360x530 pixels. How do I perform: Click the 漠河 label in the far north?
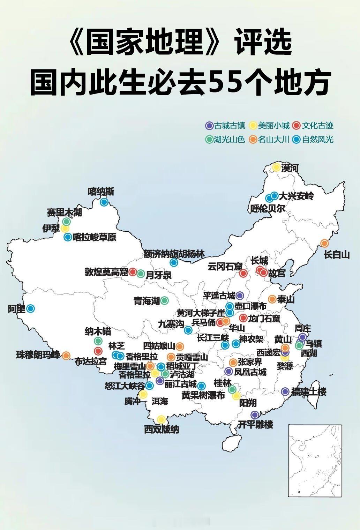point(290,168)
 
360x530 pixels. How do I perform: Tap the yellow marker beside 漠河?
point(276,167)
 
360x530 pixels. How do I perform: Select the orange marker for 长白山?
point(324,243)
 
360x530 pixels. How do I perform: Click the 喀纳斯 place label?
point(101,192)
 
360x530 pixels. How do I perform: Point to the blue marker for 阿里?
point(31,308)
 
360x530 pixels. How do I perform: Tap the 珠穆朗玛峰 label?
point(38,355)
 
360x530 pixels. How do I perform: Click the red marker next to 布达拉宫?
point(98,351)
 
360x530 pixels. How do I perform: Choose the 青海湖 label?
point(147,300)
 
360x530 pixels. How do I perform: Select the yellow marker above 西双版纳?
point(161,419)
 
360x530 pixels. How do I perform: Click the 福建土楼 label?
point(309,391)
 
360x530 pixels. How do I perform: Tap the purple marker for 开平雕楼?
point(255,415)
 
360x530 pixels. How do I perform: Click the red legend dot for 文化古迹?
point(297,126)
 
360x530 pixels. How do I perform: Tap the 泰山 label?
point(286,299)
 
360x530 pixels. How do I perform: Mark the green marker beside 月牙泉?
point(141,274)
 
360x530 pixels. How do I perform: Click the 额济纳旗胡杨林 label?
point(174,254)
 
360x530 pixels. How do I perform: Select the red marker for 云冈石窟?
point(243,273)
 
